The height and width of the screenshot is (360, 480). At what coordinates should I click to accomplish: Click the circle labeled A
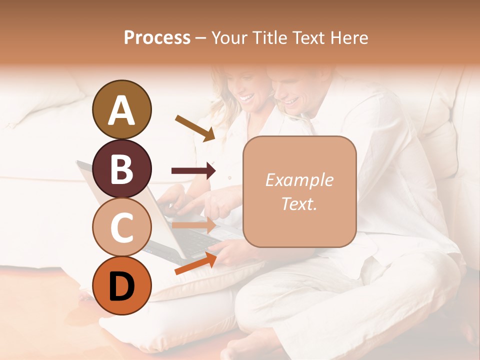point(121,110)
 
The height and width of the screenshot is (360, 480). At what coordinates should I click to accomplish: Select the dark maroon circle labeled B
point(121,168)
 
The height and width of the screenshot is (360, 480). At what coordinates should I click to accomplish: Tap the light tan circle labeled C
point(121,227)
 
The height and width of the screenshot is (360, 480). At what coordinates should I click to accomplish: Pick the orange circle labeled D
point(121,285)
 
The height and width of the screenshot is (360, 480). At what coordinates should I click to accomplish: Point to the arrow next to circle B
point(193,171)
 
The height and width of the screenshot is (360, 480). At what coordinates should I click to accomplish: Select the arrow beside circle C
point(193,225)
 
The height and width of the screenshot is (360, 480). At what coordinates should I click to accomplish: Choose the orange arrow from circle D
point(195,264)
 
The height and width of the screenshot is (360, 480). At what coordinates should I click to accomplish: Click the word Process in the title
point(157,37)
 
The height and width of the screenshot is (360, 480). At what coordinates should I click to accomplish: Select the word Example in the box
point(299,180)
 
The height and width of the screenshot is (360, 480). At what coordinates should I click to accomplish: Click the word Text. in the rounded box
point(299,203)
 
